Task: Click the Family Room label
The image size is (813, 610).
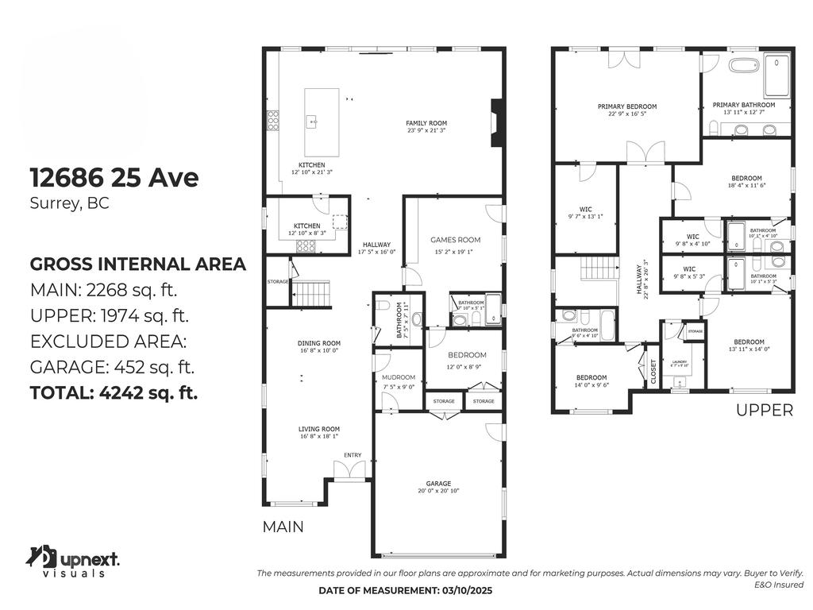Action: (426, 123)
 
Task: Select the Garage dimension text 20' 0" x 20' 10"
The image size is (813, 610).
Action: (438, 492)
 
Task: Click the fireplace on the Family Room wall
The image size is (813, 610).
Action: (497, 123)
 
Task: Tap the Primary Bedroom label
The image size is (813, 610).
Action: (627, 106)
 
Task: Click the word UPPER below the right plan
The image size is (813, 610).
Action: (764, 411)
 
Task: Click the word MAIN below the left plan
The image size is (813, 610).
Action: (283, 527)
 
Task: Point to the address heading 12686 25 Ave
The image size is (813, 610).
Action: (114, 177)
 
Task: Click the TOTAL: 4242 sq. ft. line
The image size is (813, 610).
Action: (114, 392)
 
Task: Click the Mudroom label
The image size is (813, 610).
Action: (399, 377)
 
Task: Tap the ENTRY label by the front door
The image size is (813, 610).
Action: (353, 455)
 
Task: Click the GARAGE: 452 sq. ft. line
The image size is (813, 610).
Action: (112, 367)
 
